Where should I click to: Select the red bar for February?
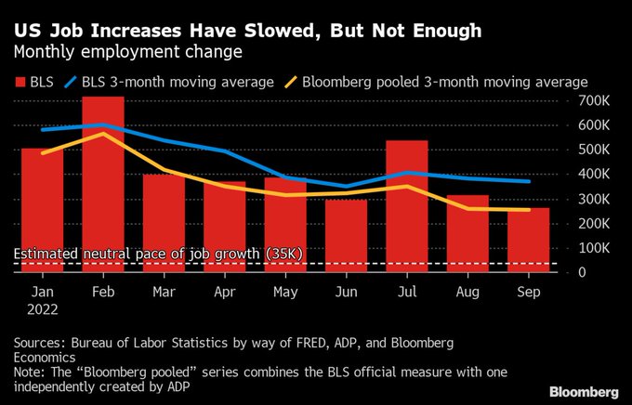pyautogui.click(x=103, y=186)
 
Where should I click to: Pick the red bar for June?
pyautogui.click(x=346, y=236)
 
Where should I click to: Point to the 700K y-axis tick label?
pyautogui.click(x=593, y=100)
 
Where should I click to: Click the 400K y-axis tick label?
pyautogui.click(x=593, y=174)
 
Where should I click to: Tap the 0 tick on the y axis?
pyautogui.click(x=581, y=272)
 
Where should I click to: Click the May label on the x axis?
pyautogui.click(x=284, y=291)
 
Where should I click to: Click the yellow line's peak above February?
pyautogui.click(x=103, y=133)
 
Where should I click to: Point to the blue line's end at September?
pyautogui.click(x=529, y=181)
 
